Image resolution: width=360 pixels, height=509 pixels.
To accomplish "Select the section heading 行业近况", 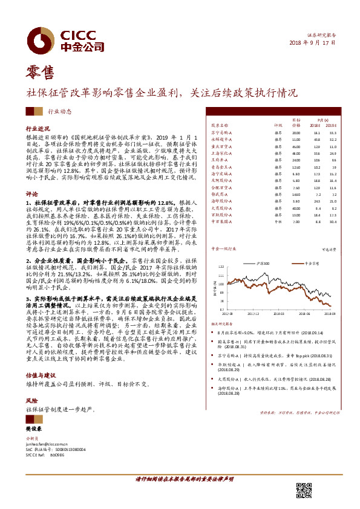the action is [x=37, y=129].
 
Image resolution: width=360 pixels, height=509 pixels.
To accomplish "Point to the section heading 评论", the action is [x=31, y=195].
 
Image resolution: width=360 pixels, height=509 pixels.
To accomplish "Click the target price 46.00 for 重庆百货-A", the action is [x=295, y=146].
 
